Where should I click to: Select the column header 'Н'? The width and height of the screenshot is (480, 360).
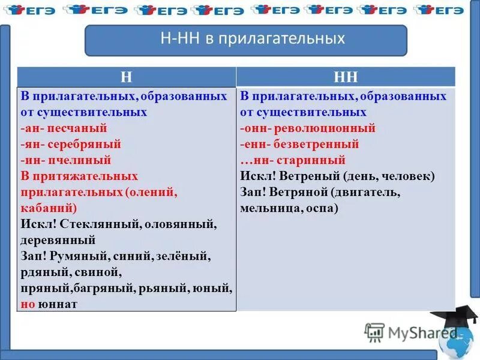pyautogui.click(x=126, y=76)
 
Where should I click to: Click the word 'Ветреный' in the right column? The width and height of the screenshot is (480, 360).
pyautogui.click(x=305, y=176)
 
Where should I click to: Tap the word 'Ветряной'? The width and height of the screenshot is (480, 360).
pyautogui.click(x=300, y=193)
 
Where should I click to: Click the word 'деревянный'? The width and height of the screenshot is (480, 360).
pyautogui.click(x=59, y=241)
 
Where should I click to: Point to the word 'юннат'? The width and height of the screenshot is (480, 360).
pyautogui.click(x=58, y=304)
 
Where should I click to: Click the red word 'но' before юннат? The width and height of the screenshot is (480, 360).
pyautogui.click(x=28, y=304)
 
